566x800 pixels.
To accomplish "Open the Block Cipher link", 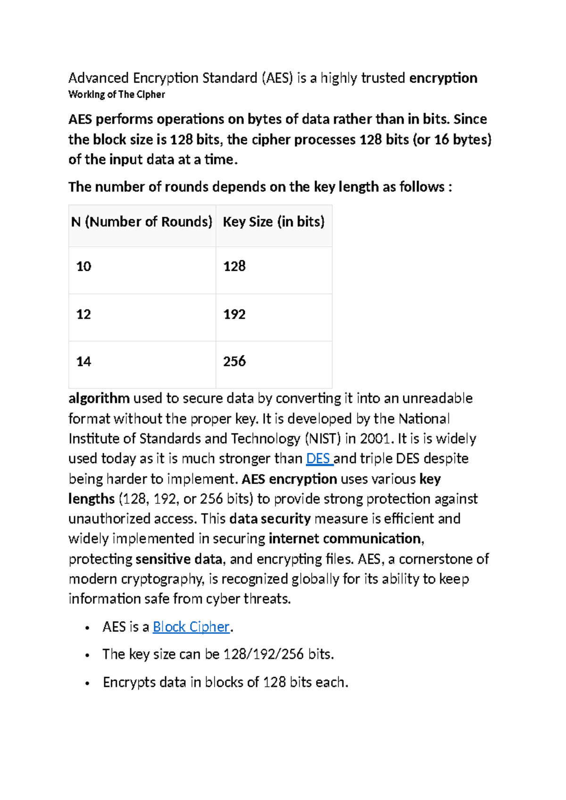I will pos(191,627).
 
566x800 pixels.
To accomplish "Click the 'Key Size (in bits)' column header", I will pos(274,222).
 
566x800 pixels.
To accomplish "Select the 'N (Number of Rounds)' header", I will pos(142,222).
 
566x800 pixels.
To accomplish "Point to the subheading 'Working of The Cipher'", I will pos(117,94).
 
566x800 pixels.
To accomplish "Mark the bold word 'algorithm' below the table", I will pos(99,399).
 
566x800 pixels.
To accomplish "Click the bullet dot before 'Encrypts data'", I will pos(87,683).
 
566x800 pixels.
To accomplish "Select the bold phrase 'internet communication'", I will pos(345,539).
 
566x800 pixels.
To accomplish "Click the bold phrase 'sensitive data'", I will pos(179,559).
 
